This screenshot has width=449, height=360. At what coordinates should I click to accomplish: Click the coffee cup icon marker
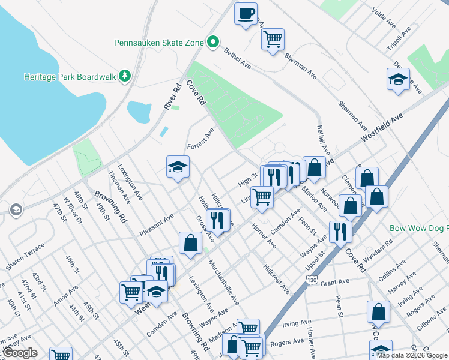coord(246,13)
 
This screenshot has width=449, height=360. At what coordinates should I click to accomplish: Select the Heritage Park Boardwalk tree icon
coord(124,76)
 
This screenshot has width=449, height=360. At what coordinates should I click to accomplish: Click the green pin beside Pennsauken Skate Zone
coord(212,42)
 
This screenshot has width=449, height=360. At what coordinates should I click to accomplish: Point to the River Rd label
coord(173,95)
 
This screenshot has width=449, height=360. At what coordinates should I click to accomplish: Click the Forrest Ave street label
coord(200,139)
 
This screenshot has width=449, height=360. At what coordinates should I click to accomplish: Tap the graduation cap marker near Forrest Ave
coord(178,167)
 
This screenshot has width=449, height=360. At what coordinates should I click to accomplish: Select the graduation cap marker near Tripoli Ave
coord(398,80)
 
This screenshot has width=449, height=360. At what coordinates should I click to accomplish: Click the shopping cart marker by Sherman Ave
coord(273,40)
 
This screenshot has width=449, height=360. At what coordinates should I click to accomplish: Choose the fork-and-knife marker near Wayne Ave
coord(340,230)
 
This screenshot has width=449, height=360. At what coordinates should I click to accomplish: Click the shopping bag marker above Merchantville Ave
coord(190,242)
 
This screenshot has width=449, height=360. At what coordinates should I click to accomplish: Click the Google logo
coord(19,353)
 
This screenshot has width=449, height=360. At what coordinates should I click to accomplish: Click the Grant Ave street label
coord(334,283)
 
